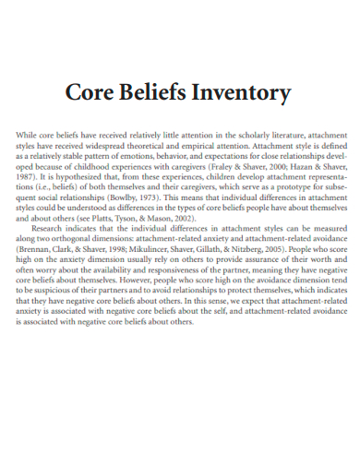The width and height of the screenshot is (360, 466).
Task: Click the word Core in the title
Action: [92, 93]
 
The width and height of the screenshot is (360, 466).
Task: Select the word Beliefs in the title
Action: [162, 93]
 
